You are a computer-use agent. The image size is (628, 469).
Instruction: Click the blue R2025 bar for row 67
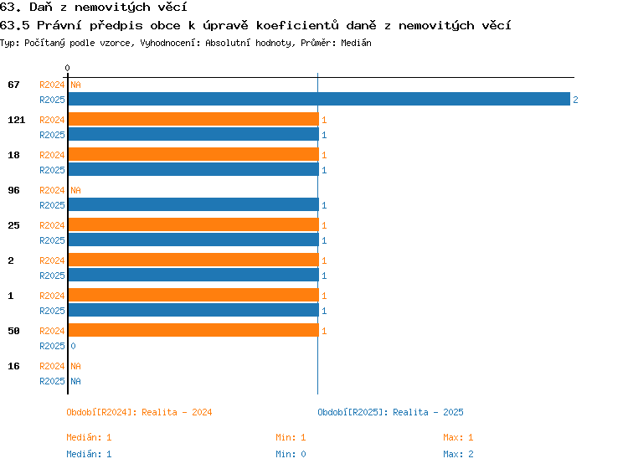pos(319,100)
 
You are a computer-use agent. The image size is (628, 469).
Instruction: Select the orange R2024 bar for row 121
pos(193,120)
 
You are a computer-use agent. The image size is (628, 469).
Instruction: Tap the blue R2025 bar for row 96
pos(193,204)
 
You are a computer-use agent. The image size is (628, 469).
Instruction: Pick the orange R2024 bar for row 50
pos(193,330)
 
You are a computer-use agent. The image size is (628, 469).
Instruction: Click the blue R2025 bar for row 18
pos(193,169)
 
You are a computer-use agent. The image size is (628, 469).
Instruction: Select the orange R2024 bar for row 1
pos(193,295)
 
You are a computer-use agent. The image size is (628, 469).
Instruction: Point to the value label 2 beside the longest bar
pos(575,100)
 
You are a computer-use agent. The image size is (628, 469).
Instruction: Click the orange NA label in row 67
pos(75,85)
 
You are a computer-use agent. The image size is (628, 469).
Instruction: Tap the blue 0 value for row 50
pos(73,346)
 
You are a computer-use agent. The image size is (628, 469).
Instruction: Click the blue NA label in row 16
pos(75,381)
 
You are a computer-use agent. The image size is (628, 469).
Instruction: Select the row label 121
pos(17,120)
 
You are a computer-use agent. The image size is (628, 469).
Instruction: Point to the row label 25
pos(13,225)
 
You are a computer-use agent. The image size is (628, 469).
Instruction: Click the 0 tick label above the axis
pos(67,68)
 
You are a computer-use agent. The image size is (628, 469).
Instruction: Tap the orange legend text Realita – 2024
pos(177,412)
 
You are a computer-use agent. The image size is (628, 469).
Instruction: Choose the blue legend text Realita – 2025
pos(428,412)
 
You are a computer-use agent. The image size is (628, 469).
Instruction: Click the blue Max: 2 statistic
pos(458,454)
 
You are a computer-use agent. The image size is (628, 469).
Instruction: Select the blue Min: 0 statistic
pos(291,454)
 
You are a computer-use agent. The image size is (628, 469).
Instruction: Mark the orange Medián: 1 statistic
pos(89,437)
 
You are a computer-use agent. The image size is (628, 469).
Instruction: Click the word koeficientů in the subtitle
pos(297,26)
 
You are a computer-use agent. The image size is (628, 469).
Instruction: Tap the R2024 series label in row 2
pos(52,260)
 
